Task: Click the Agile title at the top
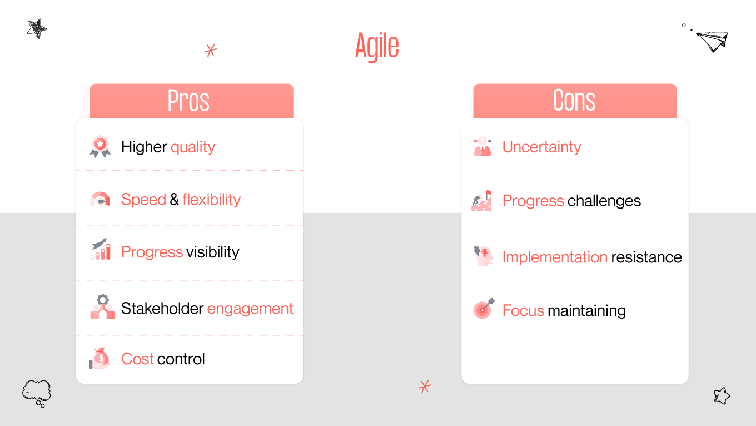(377, 46)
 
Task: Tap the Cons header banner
(575, 101)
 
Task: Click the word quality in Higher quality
(193, 147)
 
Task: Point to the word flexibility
(211, 200)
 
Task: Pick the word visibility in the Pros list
(213, 252)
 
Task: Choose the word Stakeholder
(162, 309)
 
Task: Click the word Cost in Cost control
(137, 359)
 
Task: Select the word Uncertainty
(541, 147)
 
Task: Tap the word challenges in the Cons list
(604, 201)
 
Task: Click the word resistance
(646, 257)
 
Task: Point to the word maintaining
(586, 311)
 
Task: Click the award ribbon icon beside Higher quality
(100, 147)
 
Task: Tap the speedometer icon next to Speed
(100, 200)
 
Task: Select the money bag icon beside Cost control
(100, 358)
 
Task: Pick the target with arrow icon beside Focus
(483, 309)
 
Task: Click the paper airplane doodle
(712, 41)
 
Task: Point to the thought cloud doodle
(37, 392)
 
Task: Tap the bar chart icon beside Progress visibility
(100, 250)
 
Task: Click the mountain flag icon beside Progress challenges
(481, 201)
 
